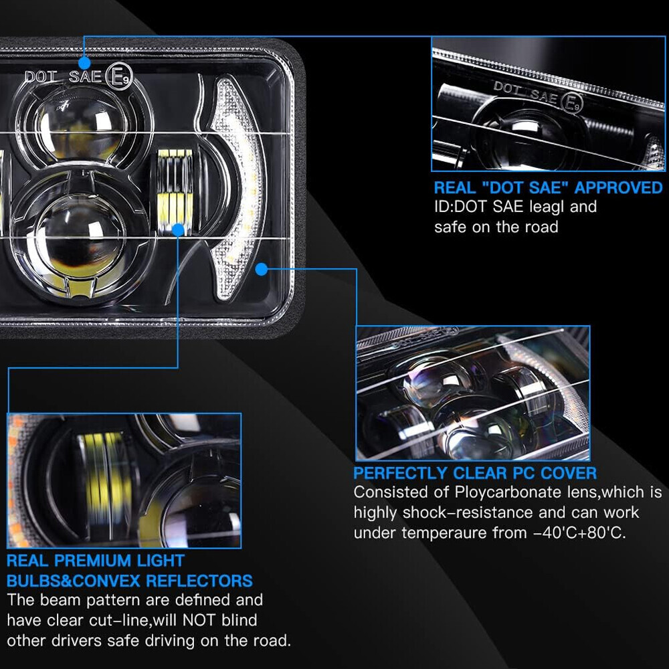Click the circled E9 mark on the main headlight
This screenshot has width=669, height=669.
tap(119, 77)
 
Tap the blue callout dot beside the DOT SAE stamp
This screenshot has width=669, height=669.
tap(84, 63)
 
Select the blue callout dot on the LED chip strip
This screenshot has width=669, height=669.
tap(178, 230)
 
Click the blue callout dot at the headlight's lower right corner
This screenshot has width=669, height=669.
tap(262, 269)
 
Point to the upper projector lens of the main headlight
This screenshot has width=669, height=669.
tap(81, 124)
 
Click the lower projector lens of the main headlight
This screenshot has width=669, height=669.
tap(79, 239)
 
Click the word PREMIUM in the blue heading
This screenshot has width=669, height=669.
tap(92, 561)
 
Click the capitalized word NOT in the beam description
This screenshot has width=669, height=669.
tap(199, 620)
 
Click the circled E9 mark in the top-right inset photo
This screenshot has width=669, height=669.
tap(571, 103)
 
